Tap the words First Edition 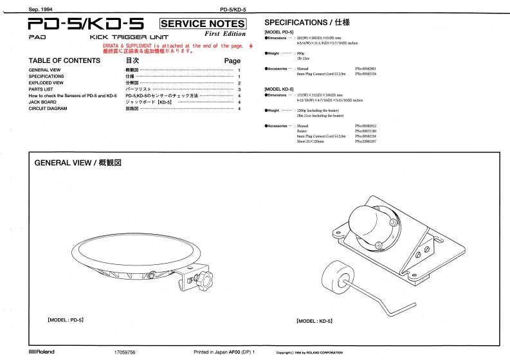point(225,34)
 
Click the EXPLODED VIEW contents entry point(46,83)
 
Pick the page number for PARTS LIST point(239,89)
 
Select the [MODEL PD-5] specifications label point(280,32)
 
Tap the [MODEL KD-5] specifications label point(280,89)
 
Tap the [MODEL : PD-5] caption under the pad point(66,319)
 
